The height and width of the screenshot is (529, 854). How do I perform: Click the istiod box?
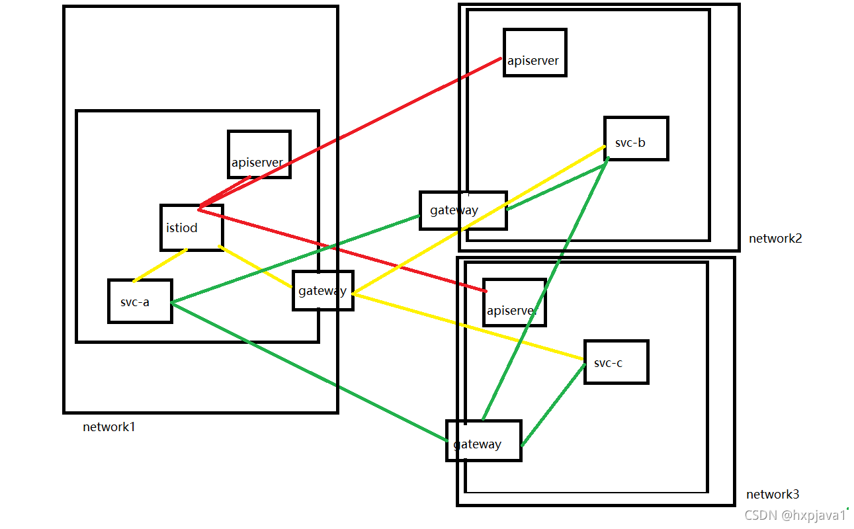[191, 227]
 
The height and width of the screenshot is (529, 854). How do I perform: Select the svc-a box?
[140, 301]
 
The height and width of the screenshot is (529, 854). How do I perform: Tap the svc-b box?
[636, 139]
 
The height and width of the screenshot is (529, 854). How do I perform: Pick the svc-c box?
[615, 362]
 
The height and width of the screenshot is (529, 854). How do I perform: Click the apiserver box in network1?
[259, 154]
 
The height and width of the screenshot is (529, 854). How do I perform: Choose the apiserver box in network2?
[534, 53]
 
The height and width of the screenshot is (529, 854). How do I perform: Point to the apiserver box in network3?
[514, 302]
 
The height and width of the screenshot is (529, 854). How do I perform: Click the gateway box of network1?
[323, 290]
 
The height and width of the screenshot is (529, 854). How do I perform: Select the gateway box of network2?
[462, 210]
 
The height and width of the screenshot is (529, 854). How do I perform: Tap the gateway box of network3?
[484, 440]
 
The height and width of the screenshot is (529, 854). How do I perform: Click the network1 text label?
[109, 427]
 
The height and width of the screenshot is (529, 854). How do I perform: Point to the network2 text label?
[775, 238]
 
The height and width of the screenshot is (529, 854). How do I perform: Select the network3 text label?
[773, 494]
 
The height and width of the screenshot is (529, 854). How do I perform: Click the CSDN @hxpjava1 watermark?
[796, 515]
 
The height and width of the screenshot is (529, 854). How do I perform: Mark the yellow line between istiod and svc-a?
[160, 265]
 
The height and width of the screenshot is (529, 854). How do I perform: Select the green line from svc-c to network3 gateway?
[553, 405]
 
